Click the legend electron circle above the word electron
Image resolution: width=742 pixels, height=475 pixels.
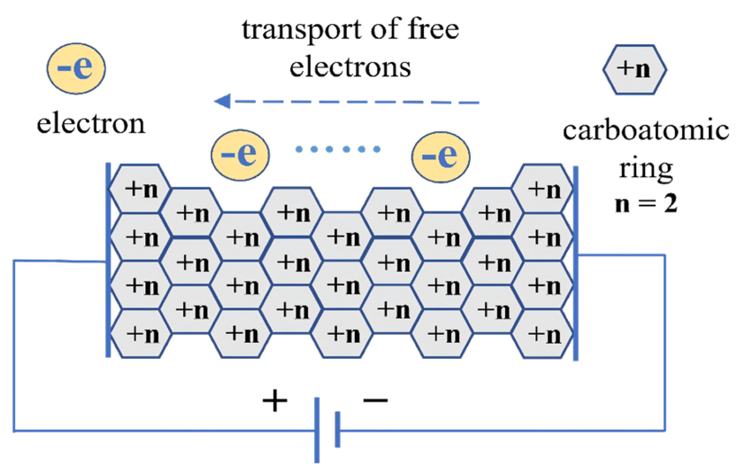point(76,69)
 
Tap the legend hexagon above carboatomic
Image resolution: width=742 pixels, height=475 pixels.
point(635,70)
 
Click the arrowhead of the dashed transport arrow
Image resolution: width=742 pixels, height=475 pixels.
point(223,101)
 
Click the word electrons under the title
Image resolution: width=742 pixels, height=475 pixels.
point(350,68)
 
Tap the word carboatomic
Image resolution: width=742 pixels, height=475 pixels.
point(646,130)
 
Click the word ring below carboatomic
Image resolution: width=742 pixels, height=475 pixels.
point(646,169)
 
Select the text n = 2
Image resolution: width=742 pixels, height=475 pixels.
point(646,204)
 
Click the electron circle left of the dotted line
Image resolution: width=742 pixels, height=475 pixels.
point(240,155)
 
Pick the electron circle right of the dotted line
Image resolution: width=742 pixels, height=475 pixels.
point(441,157)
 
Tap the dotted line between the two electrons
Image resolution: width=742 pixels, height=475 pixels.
point(338,149)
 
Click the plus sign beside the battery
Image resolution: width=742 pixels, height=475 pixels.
point(275,401)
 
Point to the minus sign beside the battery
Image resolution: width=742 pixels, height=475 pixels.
point(375,400)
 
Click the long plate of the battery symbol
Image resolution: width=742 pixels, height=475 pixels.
point(317,430)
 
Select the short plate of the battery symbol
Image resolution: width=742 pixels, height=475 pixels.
point(337,429)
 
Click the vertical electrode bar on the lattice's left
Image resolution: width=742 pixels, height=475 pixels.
point(108,260)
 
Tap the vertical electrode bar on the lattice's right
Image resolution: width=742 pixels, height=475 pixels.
point(576,263)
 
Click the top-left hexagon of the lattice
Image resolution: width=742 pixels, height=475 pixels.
point(140,188)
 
